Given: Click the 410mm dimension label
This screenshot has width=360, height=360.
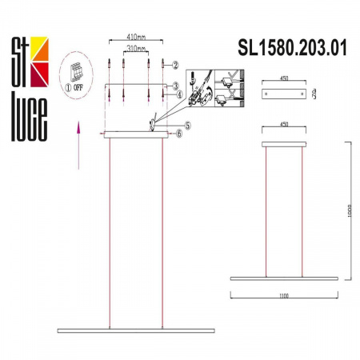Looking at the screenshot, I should point(135,37).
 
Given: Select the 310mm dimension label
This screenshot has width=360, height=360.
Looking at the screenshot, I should point(135,49).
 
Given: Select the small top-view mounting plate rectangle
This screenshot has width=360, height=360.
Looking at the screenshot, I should point(284,95).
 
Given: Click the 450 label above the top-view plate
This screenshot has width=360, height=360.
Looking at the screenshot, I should point(284,80).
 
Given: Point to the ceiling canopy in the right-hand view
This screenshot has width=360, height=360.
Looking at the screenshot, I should point(284,146).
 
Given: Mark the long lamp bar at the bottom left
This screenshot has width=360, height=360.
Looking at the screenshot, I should point(136,330).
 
